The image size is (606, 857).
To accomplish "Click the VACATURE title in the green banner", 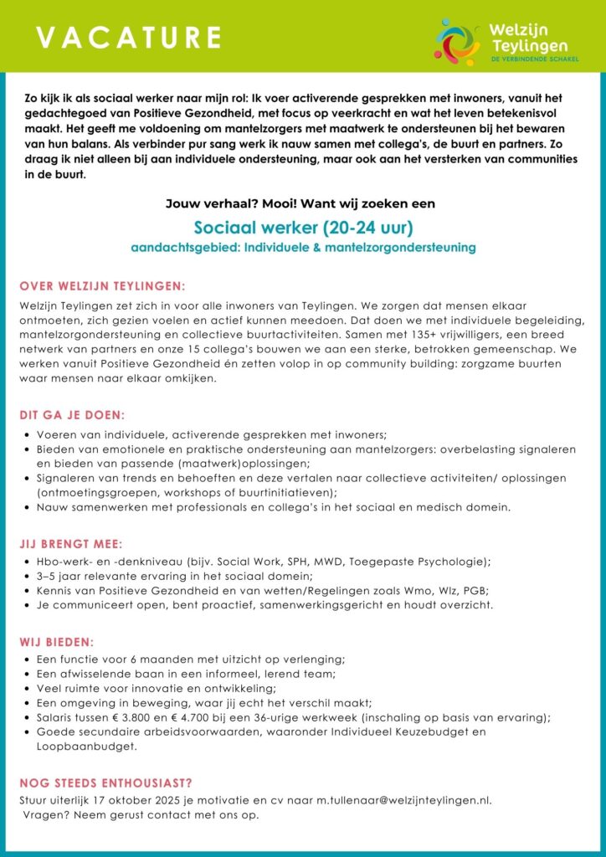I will coord(129,37).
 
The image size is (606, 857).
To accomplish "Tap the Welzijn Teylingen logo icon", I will coord(457,40).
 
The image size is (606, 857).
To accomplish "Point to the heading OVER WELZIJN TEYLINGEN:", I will coord(102,285).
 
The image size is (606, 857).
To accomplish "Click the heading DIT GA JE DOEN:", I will coord(73,415).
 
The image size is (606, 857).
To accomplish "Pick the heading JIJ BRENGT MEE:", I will coord(73,544).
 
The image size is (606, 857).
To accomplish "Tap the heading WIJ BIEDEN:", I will coord(57,642).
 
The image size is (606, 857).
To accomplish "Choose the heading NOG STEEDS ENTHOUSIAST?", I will coord(105,783).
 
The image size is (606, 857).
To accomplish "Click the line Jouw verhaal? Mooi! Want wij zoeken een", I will coord(303,203).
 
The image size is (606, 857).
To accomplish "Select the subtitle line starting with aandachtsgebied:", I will coord(303,248).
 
